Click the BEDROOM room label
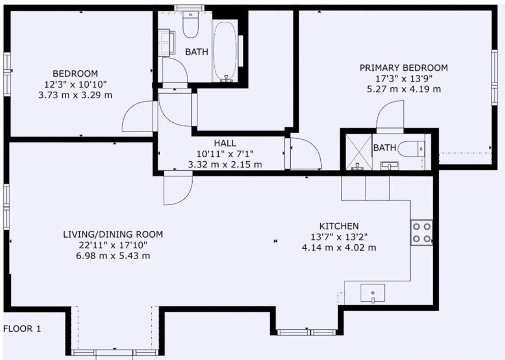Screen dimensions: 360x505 click(x=75, y=73)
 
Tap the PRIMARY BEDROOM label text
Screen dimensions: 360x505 click(x=403, y=68)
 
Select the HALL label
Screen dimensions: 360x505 click(x=225, y=143)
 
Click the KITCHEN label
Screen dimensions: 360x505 click(x=339, y=226)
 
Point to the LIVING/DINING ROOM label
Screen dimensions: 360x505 click(x=113, y=235)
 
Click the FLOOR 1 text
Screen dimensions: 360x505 click(x=22, y=329)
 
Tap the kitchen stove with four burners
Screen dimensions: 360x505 click(x=421, y=233)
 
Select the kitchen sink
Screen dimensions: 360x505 click(x=373, y=293)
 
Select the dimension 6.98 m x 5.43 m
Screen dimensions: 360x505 click(x=113, y=256)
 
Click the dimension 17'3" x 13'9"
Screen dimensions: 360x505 click(x=403, y=78)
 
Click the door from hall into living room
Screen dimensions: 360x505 click(x=178, y=189)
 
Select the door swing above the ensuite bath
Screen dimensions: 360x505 click(x=390, y=115)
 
